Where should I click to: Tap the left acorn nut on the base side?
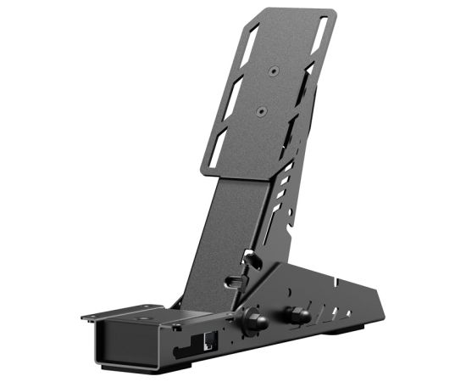[252, 319]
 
